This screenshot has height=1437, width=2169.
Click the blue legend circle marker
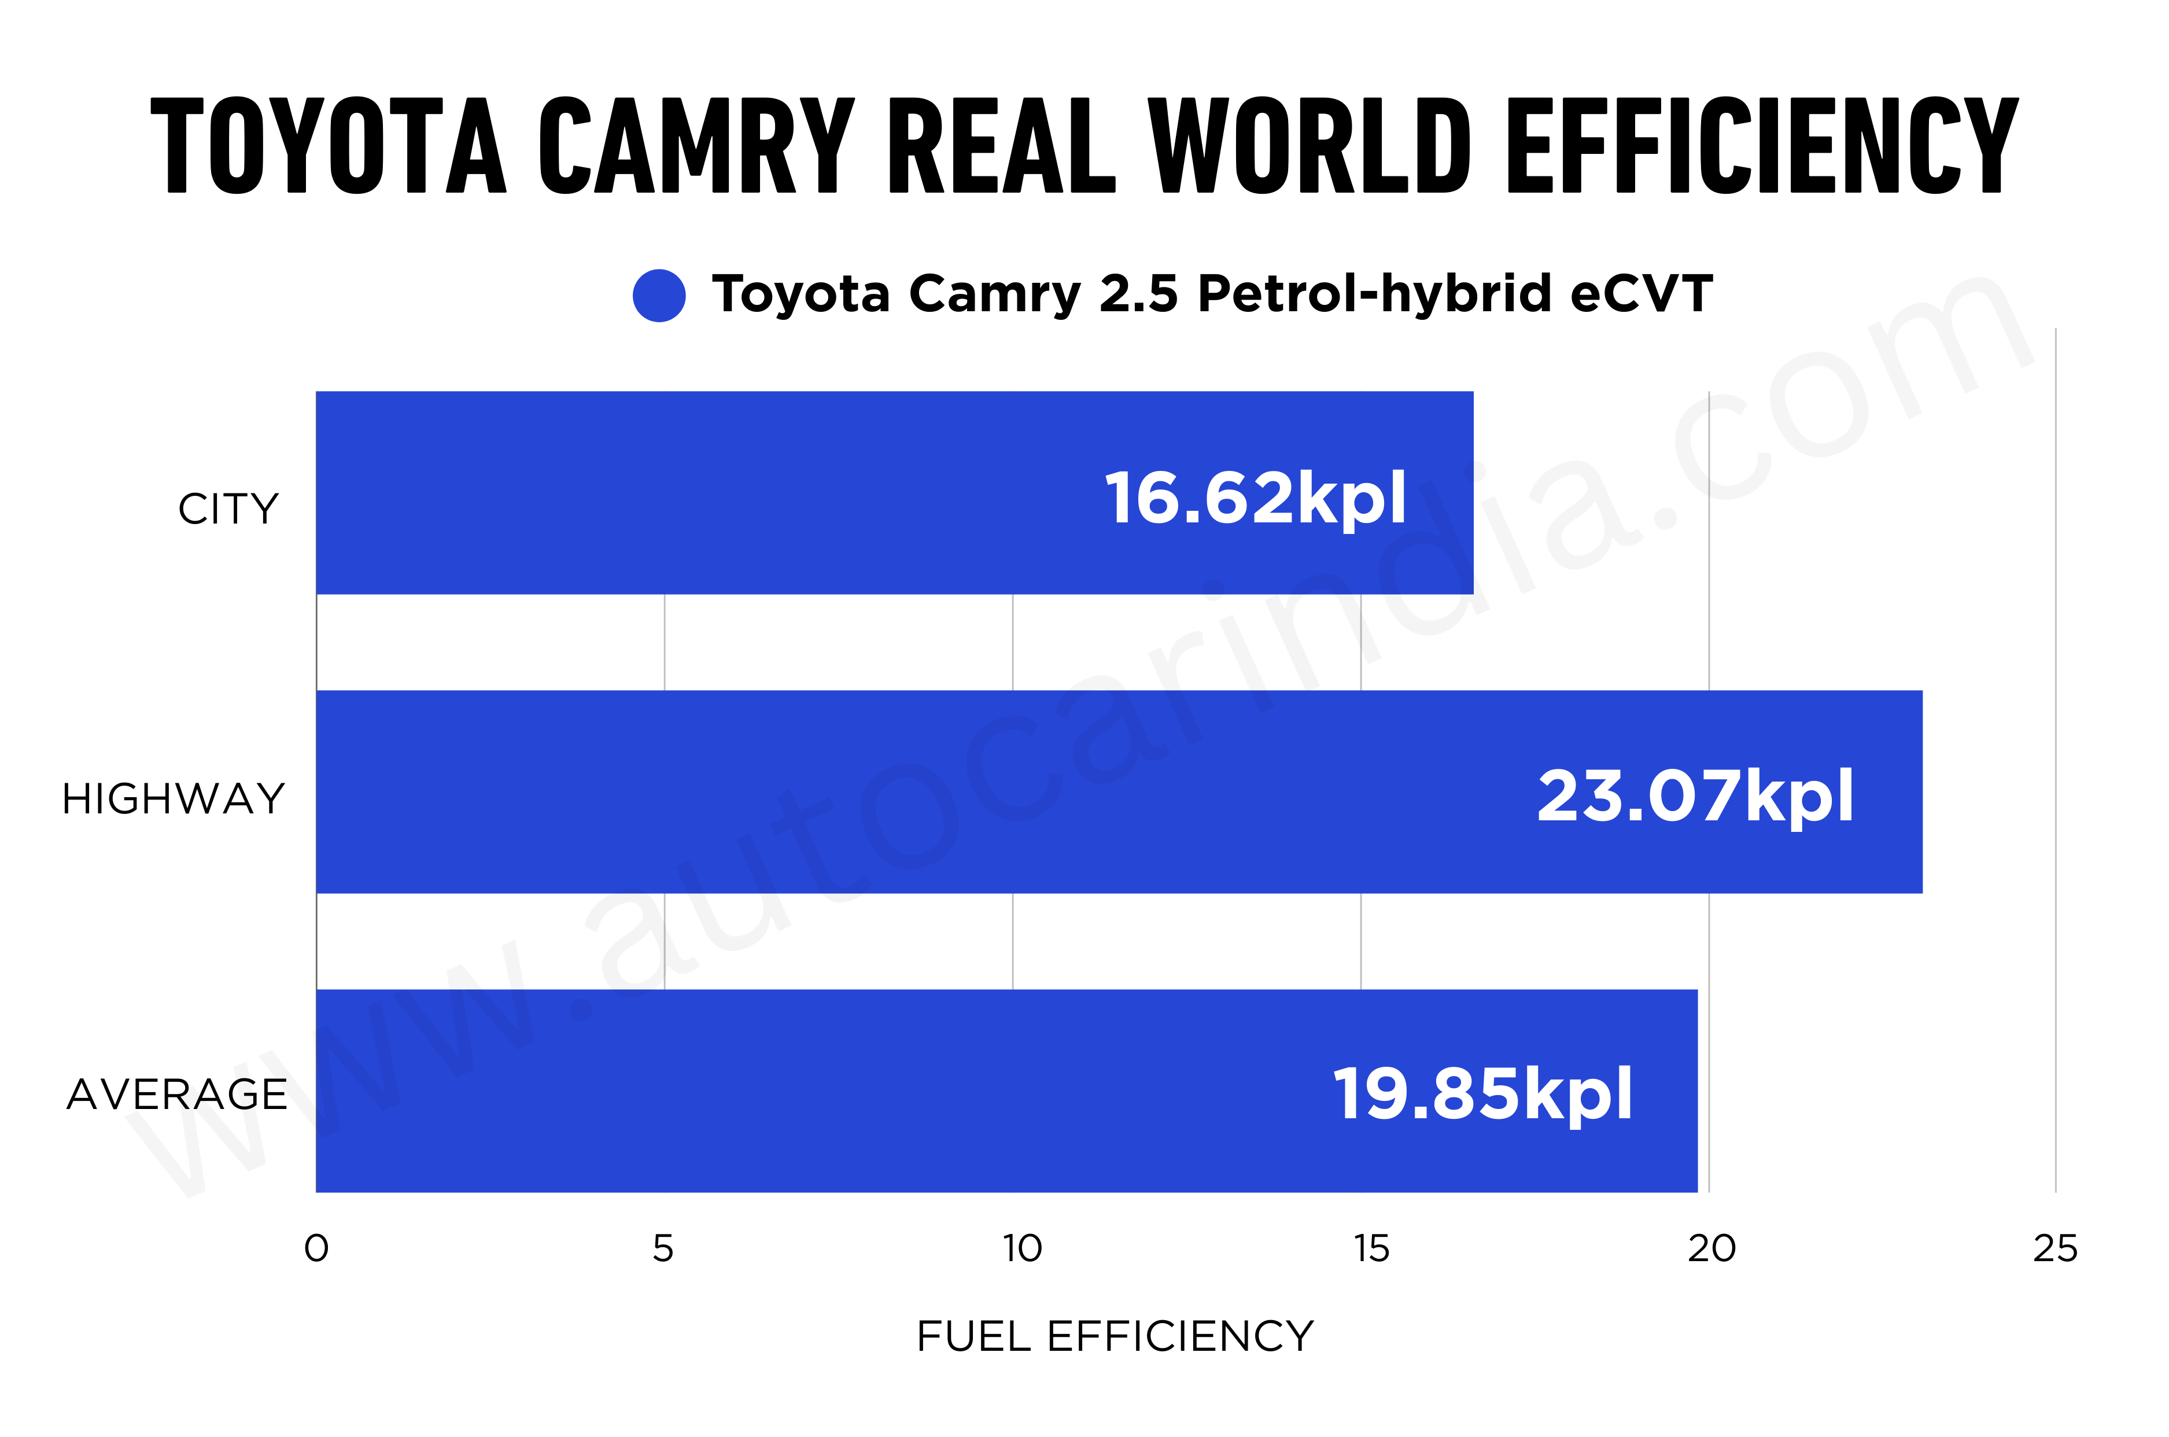pyautogui.click(x=659, y=295)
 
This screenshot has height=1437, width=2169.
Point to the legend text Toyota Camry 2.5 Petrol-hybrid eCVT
pyautogui.click(x=1211, y=293)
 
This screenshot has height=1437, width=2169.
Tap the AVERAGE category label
pyautogui.click(x=178, y=1095)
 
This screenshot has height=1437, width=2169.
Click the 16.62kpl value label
pyautogui.click(x=1255, y=498)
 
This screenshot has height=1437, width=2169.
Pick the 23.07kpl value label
pyautogui.click(x=1695, y=795)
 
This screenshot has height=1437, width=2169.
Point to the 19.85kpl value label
pyautogui.click(x=1482, y=1093)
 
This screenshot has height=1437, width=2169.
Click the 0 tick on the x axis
pyautogui.click(x=316, y=1248)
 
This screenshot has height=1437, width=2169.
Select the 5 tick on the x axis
pyautogui.click(x=663, y=1248)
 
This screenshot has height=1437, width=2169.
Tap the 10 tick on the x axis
pyautogui.click(x=1021, y=1248)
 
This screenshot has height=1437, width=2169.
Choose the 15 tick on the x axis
pyautogui.click(x=1372, y=1248)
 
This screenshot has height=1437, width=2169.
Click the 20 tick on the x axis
pyautogui.click(x=1711, y=1248)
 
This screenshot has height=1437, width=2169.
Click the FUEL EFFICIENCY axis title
pyautogui.click(x=1115, y=1336)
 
